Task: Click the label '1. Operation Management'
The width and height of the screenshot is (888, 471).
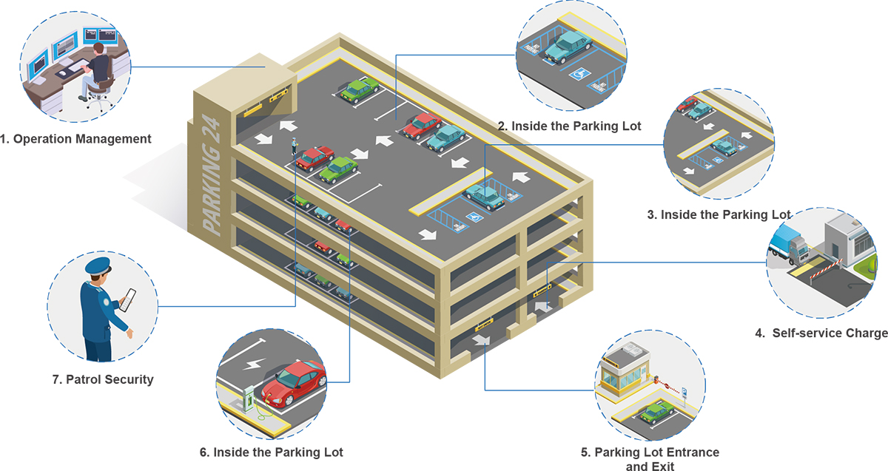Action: click(76, 138)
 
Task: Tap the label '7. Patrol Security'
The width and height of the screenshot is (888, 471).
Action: click(103, 379)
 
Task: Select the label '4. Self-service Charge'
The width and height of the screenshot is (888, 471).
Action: click(821, 333)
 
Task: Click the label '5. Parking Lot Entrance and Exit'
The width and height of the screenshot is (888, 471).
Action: click(650, 458)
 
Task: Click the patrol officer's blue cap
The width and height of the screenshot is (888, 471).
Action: click(98, 266)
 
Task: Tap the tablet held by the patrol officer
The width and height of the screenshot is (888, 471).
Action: click(127, 299)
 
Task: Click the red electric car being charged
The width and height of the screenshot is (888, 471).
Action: click(294, 382)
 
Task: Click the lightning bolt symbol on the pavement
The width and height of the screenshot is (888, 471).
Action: click(255, 364)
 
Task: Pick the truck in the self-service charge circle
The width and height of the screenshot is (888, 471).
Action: click(789, 245)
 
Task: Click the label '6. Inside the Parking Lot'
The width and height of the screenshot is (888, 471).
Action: click(272, 451)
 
